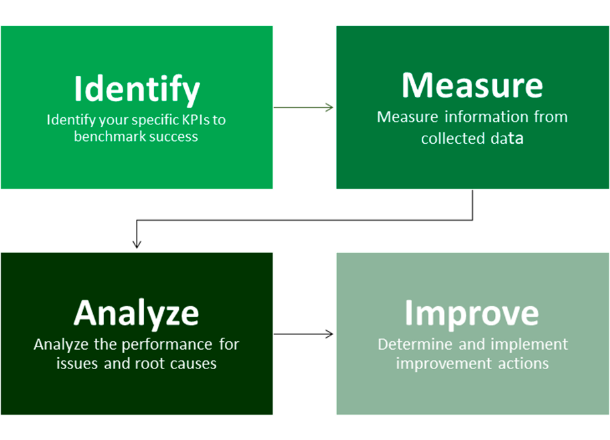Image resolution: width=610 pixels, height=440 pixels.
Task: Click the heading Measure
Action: tap(472, 85)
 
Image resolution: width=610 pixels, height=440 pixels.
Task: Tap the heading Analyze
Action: tap(136, 312)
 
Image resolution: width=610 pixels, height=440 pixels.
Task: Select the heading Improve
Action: tap(471, 312)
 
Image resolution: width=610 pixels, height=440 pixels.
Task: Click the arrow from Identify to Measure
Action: tap(304, 107)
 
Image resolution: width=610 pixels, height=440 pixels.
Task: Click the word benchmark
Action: tap(107, 136)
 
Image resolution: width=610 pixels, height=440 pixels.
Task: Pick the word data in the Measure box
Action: tap(506, 139)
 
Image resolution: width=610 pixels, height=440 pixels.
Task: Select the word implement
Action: tap(530, 345)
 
